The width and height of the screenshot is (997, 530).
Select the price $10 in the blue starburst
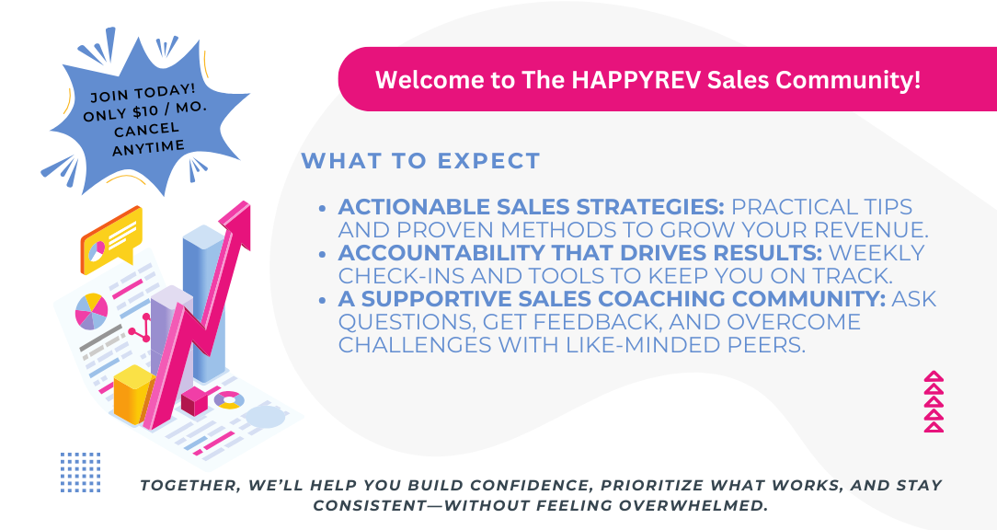pos(145,112)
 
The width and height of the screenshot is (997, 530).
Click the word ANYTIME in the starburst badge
pos(149,147)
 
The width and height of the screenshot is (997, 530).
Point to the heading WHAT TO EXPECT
pos(421,161)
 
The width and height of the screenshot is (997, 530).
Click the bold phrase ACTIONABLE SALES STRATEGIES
pos(532,207)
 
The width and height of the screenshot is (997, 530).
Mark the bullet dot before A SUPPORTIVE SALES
pos(324,300)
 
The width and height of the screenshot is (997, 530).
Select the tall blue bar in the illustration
pos(203,302)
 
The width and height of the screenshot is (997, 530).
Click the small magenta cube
pos(195,401)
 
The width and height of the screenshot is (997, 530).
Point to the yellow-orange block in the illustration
pos(134,395)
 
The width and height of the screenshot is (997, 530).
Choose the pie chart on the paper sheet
pos(92,311)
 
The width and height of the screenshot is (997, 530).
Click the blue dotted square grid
pos(81,472)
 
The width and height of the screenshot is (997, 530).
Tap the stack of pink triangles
pos(934,402)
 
